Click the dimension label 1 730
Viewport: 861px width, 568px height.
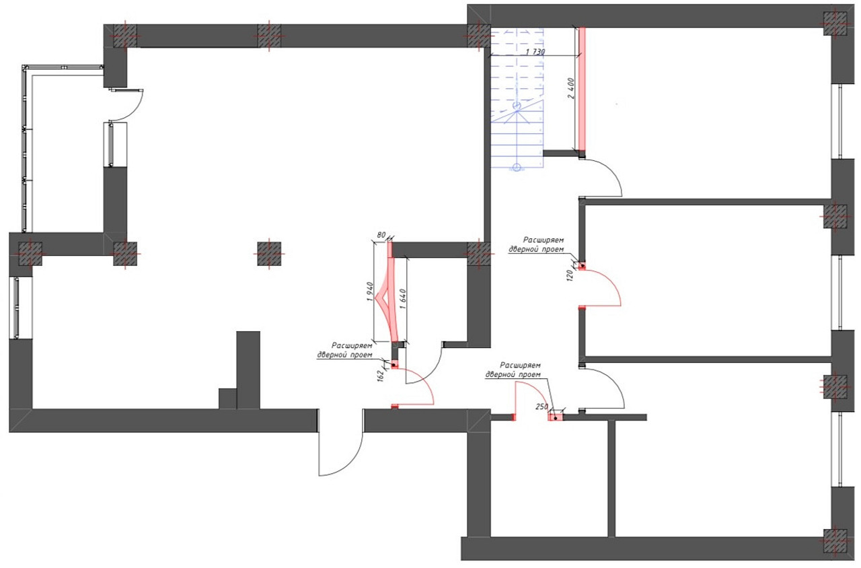(535, 52)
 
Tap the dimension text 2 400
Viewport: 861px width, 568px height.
(571, 89)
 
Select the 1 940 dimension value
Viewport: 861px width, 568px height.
(370, 291)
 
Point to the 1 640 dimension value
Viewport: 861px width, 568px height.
(403, 299)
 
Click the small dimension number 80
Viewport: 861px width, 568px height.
(381, 235)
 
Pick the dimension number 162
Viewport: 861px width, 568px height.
(381, 376)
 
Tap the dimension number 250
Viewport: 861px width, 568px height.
(542, 406)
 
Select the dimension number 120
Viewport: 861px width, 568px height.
(570, 275)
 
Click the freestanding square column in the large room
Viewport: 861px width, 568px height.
(269, 254)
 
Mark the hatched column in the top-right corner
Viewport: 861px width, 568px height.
(835, 24)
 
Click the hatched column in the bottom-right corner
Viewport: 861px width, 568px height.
(835, 542)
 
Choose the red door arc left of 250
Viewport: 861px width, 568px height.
(535, 392)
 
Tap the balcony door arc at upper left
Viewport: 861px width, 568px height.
(135, 111)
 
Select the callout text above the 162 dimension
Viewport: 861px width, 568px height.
(345, 350)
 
